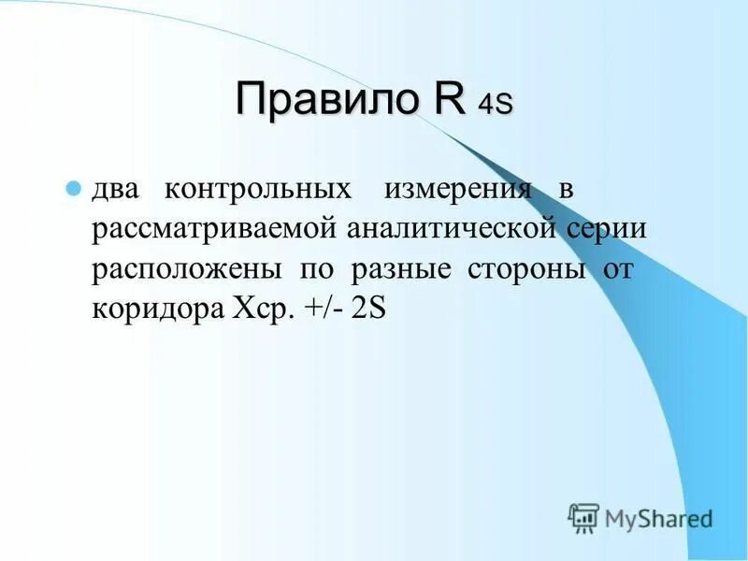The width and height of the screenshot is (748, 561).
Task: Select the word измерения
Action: (x=456, y=190)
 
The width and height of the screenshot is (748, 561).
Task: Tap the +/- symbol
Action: (x=324, y=309)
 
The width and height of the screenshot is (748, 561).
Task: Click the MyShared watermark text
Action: (x=658, y=517)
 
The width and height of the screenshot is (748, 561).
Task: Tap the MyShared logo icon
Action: (x=583, y=517)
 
